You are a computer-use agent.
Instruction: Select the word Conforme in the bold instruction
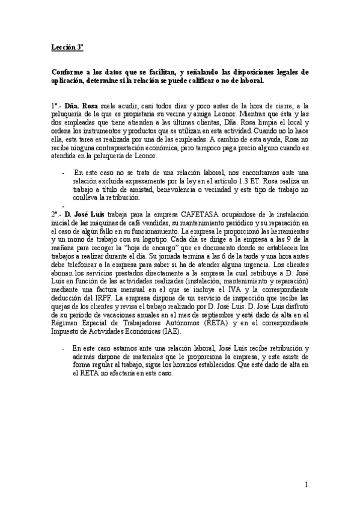(67, 72)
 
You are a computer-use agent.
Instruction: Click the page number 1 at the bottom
(306, 485)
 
